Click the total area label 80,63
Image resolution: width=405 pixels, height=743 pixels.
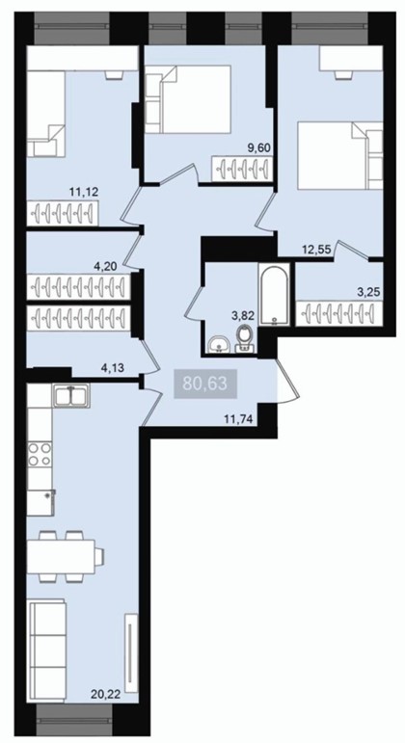[204, 384]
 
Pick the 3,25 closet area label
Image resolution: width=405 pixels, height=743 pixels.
[369, 292]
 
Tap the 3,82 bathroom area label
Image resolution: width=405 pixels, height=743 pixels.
[244, 316]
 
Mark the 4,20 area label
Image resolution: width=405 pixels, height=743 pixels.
[106, 266]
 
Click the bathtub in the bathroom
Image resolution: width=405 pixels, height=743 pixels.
[273, 294]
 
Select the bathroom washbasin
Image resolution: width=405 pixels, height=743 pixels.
[219, 344]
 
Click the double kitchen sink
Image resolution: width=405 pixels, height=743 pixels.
[71, 395]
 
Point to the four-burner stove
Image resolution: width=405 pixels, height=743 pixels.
[40, 454]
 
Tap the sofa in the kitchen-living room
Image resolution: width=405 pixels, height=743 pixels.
[47, 650]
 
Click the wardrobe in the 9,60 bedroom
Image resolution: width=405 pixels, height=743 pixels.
[242, 169]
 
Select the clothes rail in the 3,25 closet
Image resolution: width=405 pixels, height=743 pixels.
[338, 313]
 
